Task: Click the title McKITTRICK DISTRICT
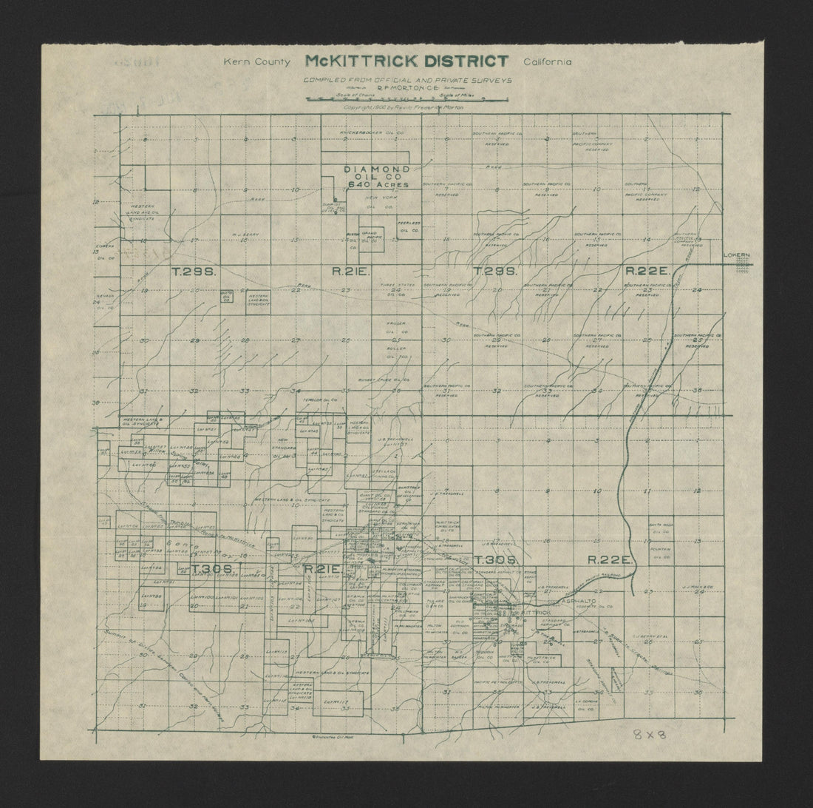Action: tap(406, 61)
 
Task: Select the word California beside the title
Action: tap(548, 62)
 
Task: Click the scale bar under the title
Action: tap(405, 97)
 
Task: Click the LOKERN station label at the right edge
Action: tap(737, 255)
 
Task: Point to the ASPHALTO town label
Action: tap(579, 602)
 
